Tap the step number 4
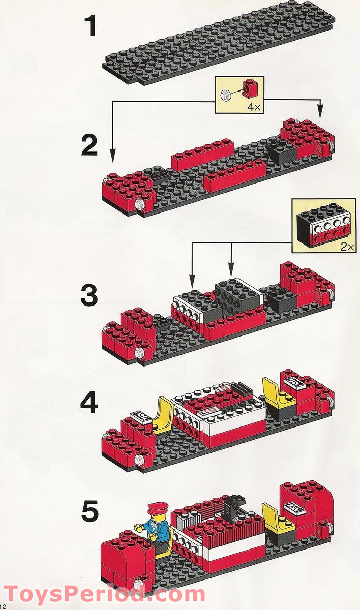point(89,404)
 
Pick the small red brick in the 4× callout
point(249,89)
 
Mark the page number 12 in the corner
point(4,606)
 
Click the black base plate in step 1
point(219,43)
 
